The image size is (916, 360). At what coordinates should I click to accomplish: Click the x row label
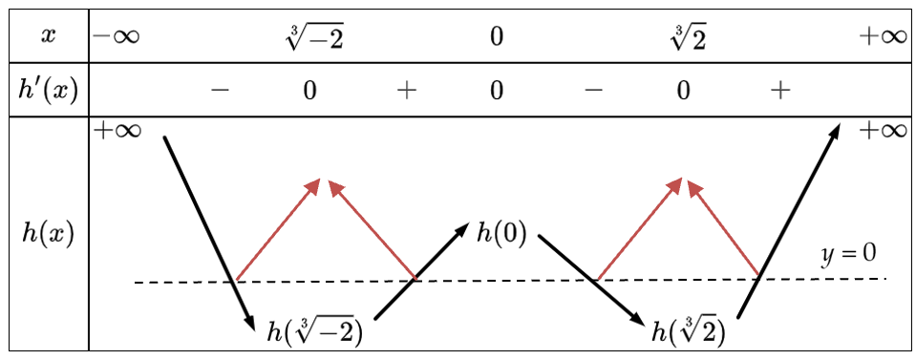47,36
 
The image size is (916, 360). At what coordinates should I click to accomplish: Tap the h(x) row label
47,234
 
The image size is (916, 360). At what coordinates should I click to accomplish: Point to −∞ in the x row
116,36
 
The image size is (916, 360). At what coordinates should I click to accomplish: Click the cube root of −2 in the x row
314,37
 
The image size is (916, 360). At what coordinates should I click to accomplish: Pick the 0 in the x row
496,37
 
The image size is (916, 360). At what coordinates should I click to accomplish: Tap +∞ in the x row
882,36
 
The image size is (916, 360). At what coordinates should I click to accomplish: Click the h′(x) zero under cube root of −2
309,91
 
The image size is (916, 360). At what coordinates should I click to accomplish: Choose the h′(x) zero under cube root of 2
684,91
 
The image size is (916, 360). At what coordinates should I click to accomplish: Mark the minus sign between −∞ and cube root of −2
221,91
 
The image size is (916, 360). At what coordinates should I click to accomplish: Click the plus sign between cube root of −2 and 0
407,91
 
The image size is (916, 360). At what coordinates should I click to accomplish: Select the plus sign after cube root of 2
780,91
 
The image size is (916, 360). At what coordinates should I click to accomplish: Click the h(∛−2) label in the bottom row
314,334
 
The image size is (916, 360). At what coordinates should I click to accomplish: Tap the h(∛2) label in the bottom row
688,332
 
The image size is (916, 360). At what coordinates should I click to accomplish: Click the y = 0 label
849,255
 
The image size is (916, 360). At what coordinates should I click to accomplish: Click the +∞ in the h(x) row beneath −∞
117,131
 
